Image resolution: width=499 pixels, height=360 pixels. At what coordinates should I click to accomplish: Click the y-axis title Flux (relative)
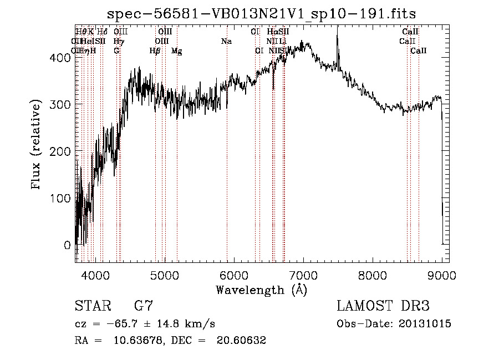coord(37,145)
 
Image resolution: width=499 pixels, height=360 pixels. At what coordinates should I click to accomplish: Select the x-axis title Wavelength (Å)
coord(261,290)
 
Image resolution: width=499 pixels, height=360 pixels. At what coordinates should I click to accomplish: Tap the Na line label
coord(226,41)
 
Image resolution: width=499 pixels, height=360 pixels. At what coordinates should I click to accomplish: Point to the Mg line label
coord(176,51)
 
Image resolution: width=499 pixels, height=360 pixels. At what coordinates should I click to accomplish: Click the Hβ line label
coord(155,51)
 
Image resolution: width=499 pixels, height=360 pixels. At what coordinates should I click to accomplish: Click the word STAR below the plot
coord(94,306)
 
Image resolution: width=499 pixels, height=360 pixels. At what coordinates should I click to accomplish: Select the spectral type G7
coord(144,306)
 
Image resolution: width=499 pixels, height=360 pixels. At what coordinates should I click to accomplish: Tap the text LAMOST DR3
coord(383,306)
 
